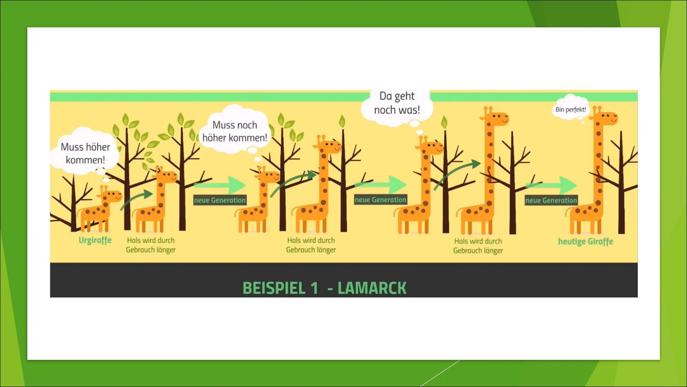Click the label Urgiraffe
tap(95, 240)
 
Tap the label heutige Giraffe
tap(585, 242)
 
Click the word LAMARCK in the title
tap(372, 288)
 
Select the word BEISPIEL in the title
tap(274, 288)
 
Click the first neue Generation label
tap(220, 200)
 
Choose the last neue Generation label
tap(551, 201)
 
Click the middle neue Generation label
tap(380, 200)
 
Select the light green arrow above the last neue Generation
tap(551, 185)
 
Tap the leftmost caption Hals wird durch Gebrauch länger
tap(151, 245)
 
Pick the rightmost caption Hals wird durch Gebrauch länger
tap(478, 246)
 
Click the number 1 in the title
tap(314, 288)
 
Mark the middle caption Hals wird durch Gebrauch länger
tap(311, 245)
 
